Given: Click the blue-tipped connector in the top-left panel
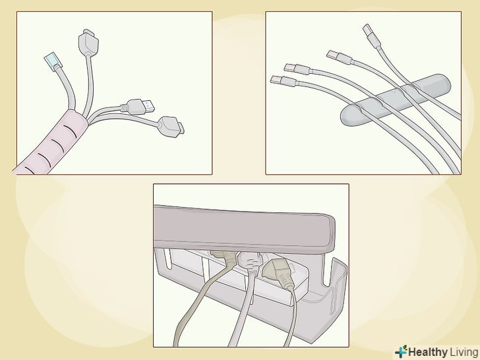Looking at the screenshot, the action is [53, 61].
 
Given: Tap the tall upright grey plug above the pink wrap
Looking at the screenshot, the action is [88, 42].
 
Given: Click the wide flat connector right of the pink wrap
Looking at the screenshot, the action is [171, 127].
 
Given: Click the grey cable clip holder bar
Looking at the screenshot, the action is [396, 100].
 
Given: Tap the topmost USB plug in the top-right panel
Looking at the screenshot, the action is [372, 36].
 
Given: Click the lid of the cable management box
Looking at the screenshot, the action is [244, 228].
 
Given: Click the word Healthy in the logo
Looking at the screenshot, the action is [428, 351].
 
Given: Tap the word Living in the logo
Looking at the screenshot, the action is [464, 351].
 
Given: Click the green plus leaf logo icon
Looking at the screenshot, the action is [401, 351].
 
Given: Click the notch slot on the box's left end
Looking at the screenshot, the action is [167, 258].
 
